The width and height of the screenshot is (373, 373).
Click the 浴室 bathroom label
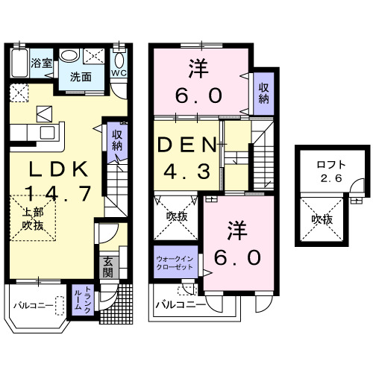pos(42,63)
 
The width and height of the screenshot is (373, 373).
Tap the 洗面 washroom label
pos(81,77)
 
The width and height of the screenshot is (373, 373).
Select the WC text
pos(119,73)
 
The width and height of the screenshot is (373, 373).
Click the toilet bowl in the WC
pos(119,60)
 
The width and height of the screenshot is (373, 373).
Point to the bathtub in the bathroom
pos(19,63)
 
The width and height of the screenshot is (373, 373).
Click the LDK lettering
pos(58,169)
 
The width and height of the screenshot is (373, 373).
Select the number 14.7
pos(58,194)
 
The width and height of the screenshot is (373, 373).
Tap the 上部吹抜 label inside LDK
pos(33,219)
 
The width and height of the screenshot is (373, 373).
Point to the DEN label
pos(187,145)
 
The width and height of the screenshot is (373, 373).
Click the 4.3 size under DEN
pos(186,171)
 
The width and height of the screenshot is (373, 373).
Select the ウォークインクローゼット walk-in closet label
pos(175,263)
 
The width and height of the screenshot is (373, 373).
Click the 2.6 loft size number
pos(331,178)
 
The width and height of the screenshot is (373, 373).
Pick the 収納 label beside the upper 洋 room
pos(263,93)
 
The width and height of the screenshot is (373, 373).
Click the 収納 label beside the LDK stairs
pos(117,140)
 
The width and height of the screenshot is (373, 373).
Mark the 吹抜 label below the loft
pos(322,219)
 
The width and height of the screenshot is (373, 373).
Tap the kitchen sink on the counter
pos(47,133)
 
